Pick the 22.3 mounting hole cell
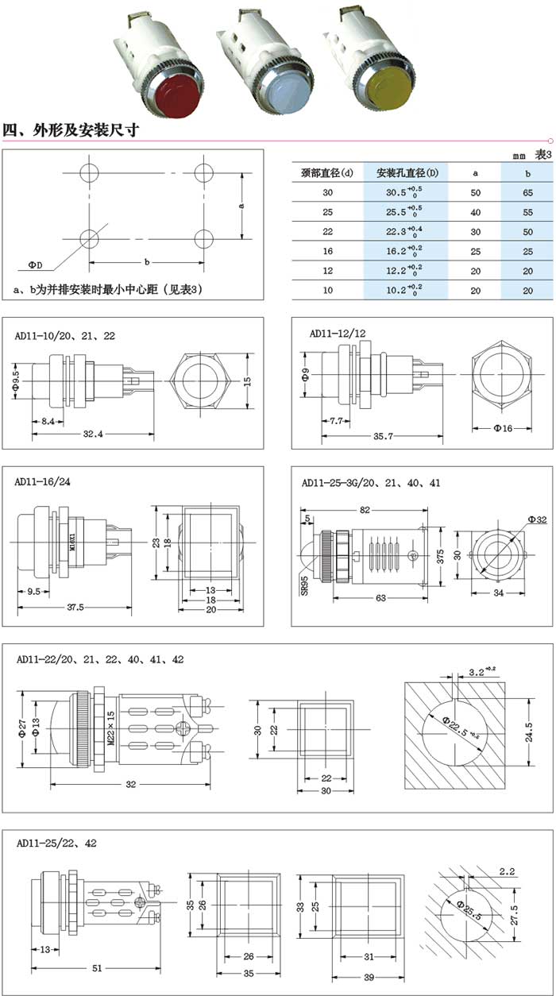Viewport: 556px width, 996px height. [x=404, y=231]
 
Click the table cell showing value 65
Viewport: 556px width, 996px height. [x=527, y=192]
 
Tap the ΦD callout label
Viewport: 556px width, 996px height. [x=35, y=264]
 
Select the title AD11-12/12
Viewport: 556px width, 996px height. [x=337, y=334]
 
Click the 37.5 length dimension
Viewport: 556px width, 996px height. [x=75, y=608]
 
